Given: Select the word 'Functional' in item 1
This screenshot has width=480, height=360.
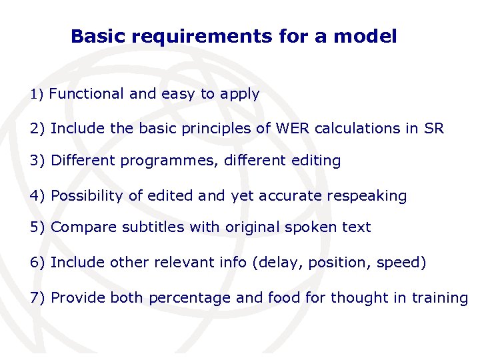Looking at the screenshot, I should point(87,94).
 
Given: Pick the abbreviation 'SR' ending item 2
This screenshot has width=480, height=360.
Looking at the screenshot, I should point(433,128).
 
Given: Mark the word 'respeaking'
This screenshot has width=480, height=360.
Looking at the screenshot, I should point(371,197).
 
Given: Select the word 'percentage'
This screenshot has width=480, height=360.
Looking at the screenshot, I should point(190,299).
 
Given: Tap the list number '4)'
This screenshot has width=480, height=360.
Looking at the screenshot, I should point(38,196).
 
